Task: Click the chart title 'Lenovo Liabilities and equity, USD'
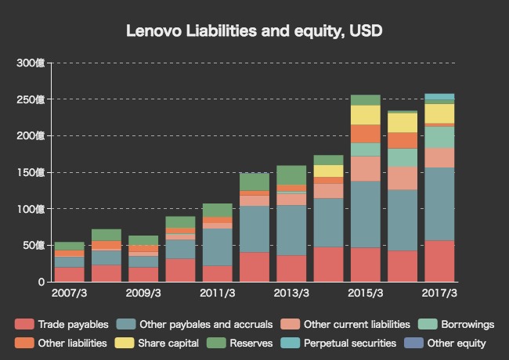[254, 31]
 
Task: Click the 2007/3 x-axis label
[70, 293]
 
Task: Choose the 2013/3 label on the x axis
[291, 293]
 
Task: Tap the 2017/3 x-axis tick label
[439, 293]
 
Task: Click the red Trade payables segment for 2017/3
[439, 261]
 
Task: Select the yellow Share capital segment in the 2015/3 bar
[365, 115]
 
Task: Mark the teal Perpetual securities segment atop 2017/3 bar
[439, 97]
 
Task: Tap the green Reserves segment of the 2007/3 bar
[70, 246]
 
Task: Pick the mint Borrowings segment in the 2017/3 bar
[439, 137]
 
